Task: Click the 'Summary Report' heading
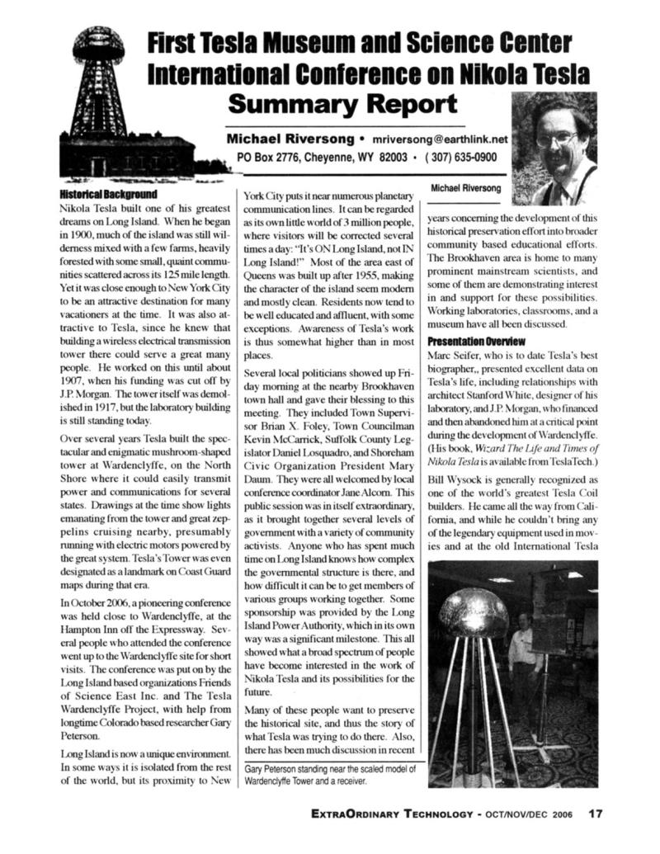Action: pos(342,105)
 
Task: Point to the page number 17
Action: pos(595,813)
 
